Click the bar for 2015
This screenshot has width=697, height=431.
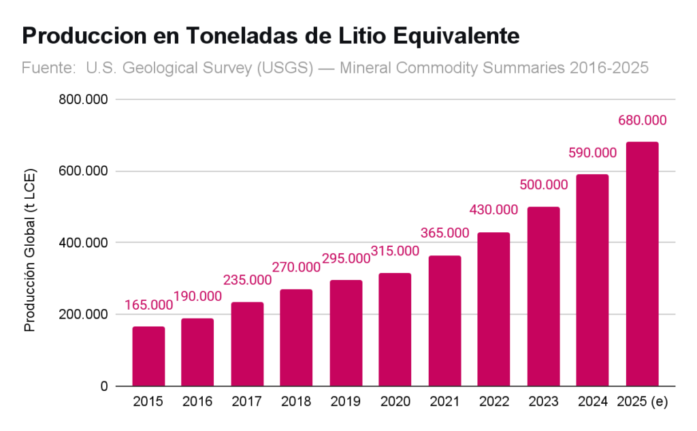click(x=148, y=356)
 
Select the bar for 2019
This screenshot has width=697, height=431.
click(x=346, y=333)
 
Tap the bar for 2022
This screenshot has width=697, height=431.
click(x=493, y=309)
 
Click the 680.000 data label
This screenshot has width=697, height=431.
click(x=642, y=121)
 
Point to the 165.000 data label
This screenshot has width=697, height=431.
click(x=148, y=305)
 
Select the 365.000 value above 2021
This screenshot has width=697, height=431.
click(x=444, y=233)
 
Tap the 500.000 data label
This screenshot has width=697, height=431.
click(x=543, y=185)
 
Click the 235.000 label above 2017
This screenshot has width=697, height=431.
click(x=247, y=280)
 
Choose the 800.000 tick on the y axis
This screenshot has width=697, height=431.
click(x=84, y=99)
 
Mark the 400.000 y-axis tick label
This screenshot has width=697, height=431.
click(x=84, y=243)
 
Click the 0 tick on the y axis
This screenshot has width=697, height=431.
click(x=103, y=387)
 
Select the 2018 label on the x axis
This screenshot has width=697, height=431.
click(x=296, y=402)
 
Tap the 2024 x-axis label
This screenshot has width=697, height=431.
click(x=592, y=402)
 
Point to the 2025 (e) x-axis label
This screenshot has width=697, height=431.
click(x=642, y=402)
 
